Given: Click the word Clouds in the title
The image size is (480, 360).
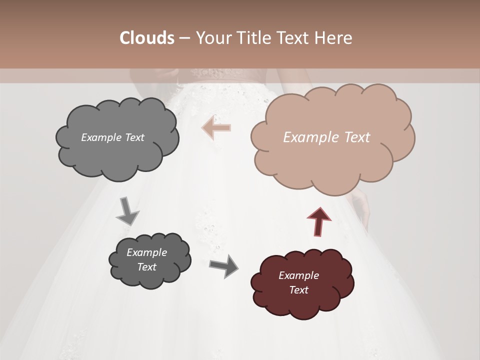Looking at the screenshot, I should (146, 38).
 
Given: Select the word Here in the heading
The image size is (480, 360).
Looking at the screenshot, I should (334, 38).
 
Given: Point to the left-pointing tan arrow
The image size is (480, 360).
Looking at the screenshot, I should (216, 128).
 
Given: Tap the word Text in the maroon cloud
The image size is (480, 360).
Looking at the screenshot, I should (298, 290).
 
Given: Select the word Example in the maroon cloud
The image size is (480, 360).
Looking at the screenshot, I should (298, 275).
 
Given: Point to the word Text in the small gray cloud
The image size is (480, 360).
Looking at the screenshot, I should (146, 267).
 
